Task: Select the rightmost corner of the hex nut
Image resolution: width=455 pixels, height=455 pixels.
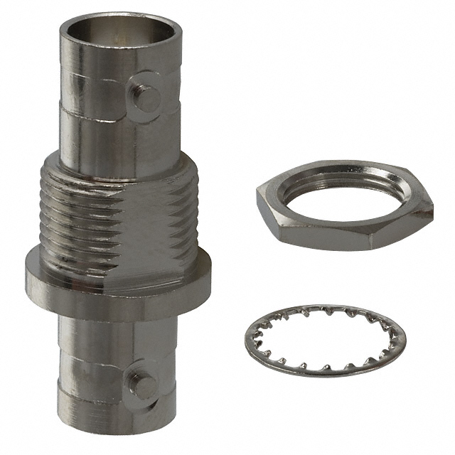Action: (432, 211)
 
